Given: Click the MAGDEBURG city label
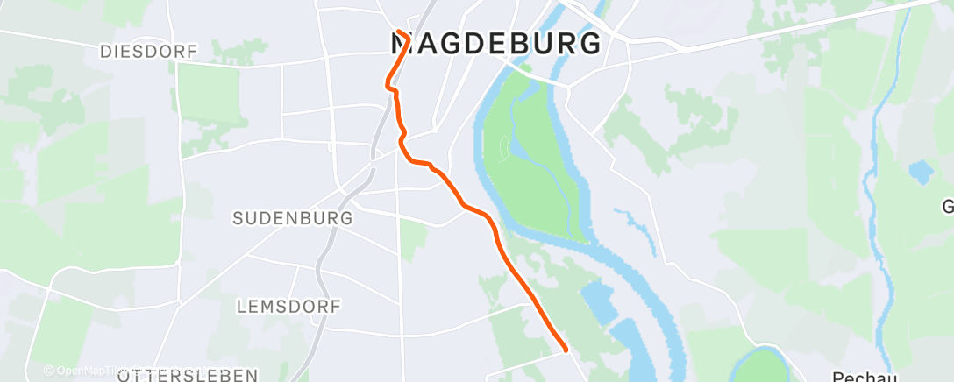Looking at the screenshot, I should point(495,43).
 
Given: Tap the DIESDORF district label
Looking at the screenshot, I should point(148,52).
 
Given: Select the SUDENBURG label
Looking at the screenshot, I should point(293,217).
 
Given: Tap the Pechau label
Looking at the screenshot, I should point(857,375).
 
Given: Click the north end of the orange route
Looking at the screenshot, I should point(399,32).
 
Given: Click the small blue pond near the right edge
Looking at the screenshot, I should point(921,172).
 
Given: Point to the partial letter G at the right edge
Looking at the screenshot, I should point(948,208).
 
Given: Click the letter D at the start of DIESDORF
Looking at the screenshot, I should point(105,52).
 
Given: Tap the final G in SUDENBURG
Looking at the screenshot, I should point(346,217).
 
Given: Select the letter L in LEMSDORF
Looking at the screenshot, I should point(243,307).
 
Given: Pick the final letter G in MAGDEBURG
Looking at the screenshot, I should point(591,43).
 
